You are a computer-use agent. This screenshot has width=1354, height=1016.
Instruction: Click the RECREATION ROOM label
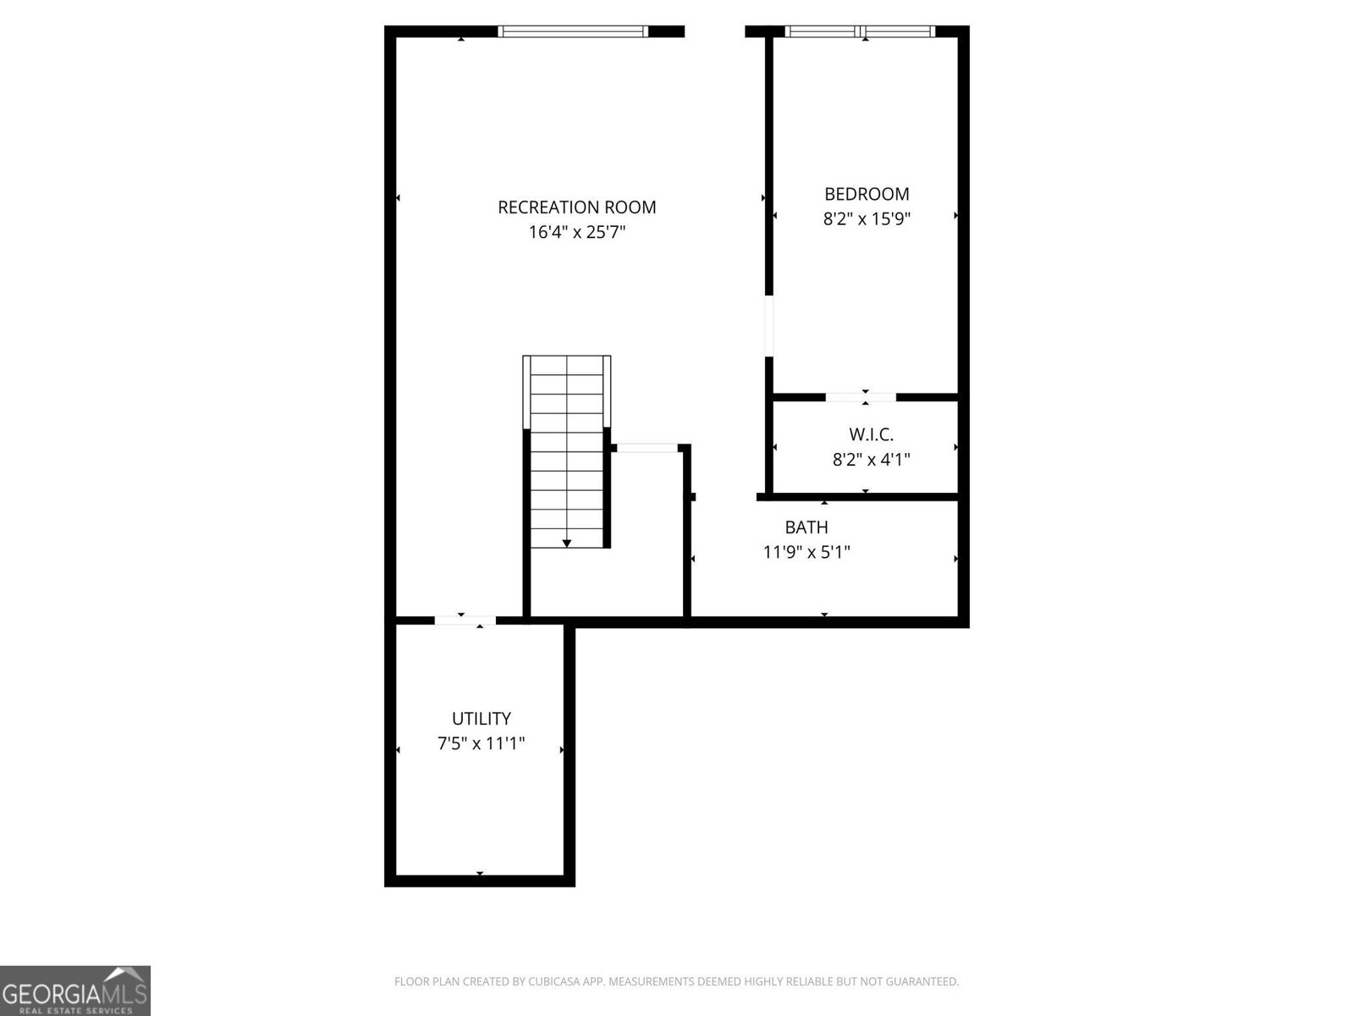tap(577, 207)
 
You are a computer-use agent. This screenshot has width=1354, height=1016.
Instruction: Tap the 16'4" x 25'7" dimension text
tap(577, 233)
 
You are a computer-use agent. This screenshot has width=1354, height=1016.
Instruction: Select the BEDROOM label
tap(867, 195)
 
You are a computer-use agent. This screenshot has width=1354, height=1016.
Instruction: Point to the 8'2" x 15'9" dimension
tap(867, 219)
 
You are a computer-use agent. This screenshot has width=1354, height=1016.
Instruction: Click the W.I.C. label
tap(871, 434)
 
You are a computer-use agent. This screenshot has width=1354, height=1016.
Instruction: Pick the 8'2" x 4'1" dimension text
tap(871, 460)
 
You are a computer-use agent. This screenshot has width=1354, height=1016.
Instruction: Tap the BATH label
tap(806, 527)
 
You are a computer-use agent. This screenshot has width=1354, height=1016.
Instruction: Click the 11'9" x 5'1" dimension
tap(806, 552)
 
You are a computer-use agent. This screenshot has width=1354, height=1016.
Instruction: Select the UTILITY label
tap(482, 719)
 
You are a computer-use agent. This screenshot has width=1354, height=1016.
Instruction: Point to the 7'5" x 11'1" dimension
tap(482, 743)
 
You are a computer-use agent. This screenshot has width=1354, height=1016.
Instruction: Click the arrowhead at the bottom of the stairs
tap(566, 544)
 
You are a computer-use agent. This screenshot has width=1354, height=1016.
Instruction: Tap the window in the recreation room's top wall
tap(573, 31)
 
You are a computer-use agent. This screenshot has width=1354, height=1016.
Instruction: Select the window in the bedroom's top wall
tap(860, 31)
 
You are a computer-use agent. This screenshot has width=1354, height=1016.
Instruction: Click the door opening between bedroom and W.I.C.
tap(861, 397)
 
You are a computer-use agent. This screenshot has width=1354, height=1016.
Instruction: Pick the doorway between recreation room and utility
tap(465, 621)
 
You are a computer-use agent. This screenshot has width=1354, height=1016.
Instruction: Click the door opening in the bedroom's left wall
tap(768, 326)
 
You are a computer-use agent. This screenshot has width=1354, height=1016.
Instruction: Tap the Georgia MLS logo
tap(75, 990)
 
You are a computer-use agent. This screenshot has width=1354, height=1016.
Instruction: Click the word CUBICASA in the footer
tap(554, 980)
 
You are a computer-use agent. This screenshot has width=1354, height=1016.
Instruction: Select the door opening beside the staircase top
tap(647, 448)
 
